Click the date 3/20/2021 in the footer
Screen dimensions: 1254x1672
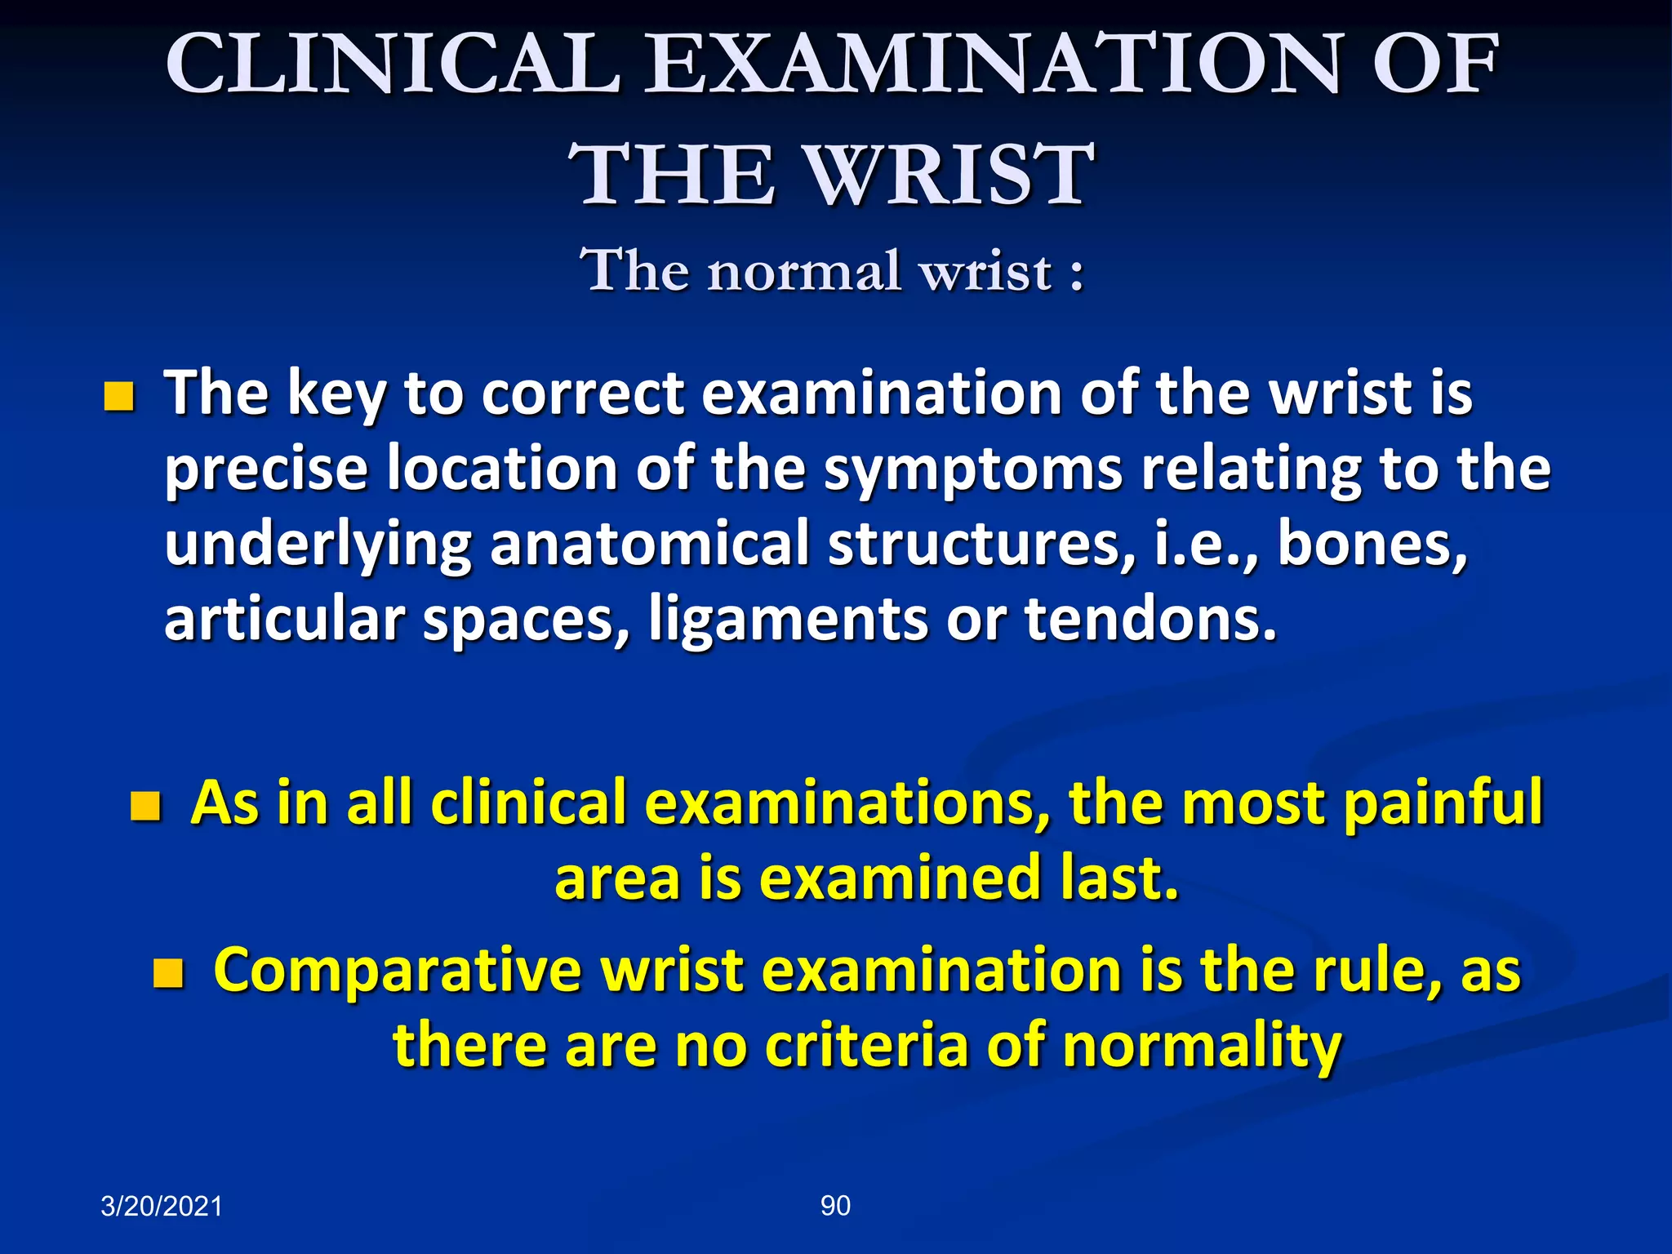[x=162, y=1207]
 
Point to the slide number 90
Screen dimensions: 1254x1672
[x=835, y=1206]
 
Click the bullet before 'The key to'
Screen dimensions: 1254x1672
[x=119, y=398]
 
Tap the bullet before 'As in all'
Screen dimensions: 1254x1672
[x=145, y=807]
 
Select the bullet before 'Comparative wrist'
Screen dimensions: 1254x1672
[x=169, y=973]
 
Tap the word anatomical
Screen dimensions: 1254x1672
[x=649, y=545]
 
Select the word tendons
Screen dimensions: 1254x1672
[x=1150, y=620]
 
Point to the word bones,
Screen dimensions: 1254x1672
[x=1372, y=545]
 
